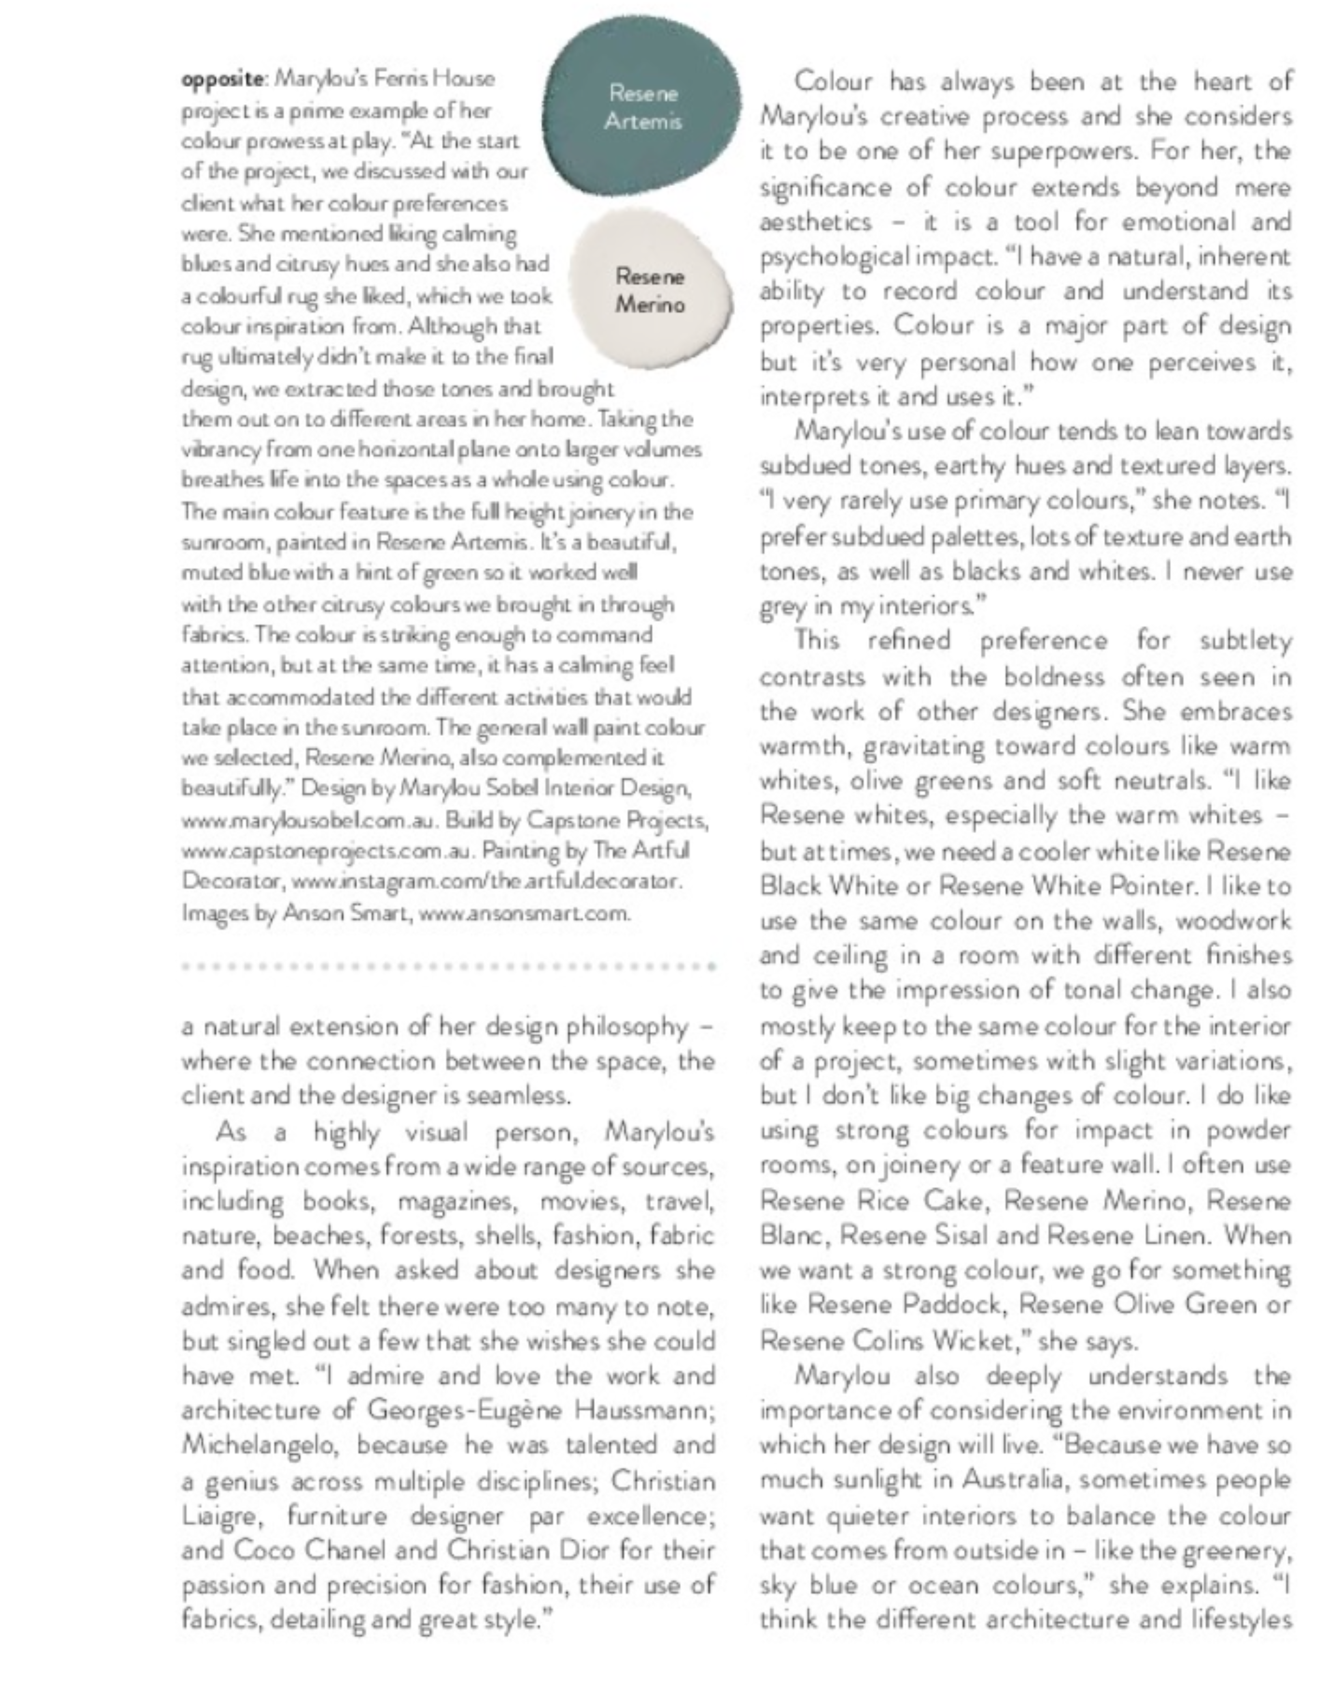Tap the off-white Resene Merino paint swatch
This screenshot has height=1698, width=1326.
652,289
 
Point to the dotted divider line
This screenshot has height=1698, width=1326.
448,967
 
